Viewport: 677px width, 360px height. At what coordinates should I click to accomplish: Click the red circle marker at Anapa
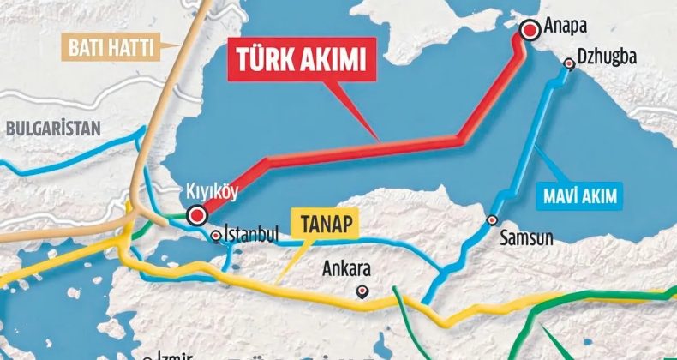(x=530, y=30)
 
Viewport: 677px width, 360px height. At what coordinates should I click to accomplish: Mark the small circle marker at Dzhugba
(x=569, y=63)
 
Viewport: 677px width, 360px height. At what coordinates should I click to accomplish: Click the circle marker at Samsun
(x=492, y=220)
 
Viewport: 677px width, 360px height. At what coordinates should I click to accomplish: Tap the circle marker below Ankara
(x=362, y=291)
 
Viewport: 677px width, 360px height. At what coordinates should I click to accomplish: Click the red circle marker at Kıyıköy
(x=198, y=213)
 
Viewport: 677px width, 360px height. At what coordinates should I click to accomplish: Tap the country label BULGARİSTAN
(x=53, y=129)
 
